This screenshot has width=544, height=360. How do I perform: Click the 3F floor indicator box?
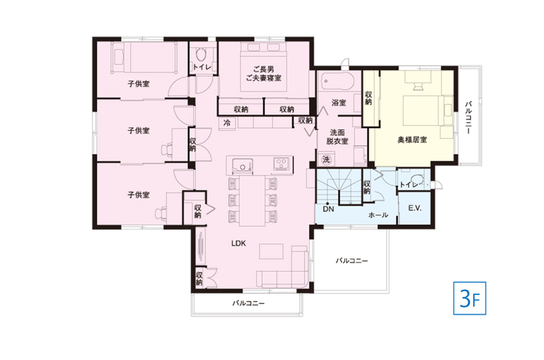point(470,298)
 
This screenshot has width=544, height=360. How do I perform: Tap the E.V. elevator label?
point(415,208)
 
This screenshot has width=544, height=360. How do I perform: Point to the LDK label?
point(238,243)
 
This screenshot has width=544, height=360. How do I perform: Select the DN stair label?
point(328,209)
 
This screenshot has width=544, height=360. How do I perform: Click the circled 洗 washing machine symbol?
point(326,160)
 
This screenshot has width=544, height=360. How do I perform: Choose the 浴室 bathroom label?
point(339,103)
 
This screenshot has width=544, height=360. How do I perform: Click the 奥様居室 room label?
point(412,140)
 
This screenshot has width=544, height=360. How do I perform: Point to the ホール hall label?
point(378,215)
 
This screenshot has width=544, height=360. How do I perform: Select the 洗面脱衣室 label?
point(337,137)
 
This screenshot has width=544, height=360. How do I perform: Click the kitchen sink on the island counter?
point(242,165)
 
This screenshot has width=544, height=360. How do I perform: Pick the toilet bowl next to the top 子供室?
point(201,55)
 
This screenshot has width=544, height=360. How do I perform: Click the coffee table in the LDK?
point(271,251)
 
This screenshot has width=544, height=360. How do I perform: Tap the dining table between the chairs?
point(252,201)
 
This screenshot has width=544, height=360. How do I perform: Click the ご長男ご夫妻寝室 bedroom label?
point(264,73)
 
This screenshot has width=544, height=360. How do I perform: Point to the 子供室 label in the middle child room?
point(138,131)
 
